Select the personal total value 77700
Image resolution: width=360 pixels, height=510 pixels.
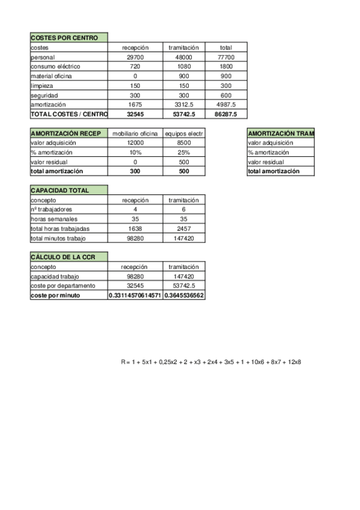[226, 57]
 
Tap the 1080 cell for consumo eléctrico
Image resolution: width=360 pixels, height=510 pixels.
[184, 66]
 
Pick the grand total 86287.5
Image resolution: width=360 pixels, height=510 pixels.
[226, 114]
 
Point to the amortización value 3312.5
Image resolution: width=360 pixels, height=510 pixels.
[184, 104]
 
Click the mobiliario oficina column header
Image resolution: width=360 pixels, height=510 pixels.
[135, 134]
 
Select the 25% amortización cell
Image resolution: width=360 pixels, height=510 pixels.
[184, 153]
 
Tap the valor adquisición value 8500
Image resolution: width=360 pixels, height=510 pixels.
[184, 143]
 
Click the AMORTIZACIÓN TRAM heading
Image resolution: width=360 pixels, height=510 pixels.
[281, 134]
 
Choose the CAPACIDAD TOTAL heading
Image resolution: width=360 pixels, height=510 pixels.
[59, 191]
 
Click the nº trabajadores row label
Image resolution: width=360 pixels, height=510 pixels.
[52, 209]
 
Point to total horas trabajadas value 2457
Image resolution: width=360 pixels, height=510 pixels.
[184, 229]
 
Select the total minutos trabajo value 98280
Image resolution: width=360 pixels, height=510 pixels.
[135, 238]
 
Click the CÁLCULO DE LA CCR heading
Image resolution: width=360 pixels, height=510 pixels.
[63, 257]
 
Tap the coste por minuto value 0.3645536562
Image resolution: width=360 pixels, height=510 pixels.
[184, 295]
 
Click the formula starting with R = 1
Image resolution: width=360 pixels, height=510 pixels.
[210, 362]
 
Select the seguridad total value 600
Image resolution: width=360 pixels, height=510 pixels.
[226, 95]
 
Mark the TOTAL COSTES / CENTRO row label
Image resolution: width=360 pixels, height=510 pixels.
[69, 114]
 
